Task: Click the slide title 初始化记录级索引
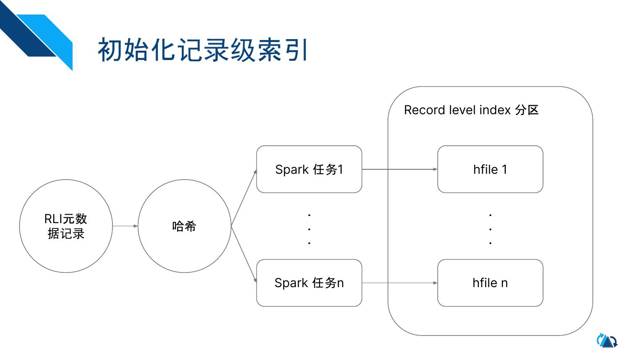pos(203,49)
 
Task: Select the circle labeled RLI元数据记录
pos(66,226)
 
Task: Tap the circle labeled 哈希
pos(184,226)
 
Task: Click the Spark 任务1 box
pos(309,169)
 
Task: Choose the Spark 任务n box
pos(309,283)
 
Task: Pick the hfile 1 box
pos(490,169)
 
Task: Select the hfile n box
pos(490,283)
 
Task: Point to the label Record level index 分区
pos(471,110)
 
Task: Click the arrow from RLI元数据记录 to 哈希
pos(125,226)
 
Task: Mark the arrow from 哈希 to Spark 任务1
pos(244,198)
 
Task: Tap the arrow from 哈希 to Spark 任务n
pos(244,254)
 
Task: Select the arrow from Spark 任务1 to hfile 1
pos(400,169)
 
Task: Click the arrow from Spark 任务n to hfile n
pos(400,283)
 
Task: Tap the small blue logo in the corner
pos(607,341)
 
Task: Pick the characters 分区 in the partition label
pos(527,110)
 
